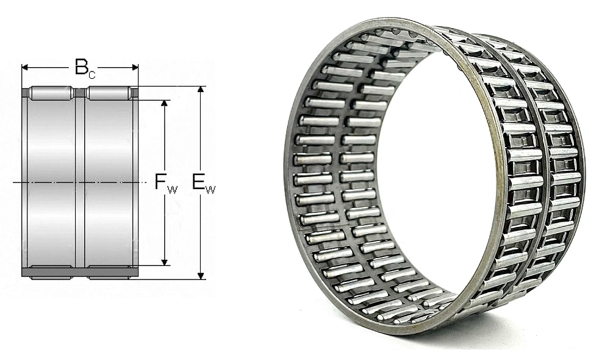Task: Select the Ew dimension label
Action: coord(204,182)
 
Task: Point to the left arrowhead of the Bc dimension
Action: coord(25,68)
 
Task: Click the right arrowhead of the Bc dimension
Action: coord(135,68)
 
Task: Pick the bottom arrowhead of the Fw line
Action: coord(165,262)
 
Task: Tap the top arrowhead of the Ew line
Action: coord(201,90)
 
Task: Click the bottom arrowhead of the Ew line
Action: coord(201,275)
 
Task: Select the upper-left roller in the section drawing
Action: coord(52,93)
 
